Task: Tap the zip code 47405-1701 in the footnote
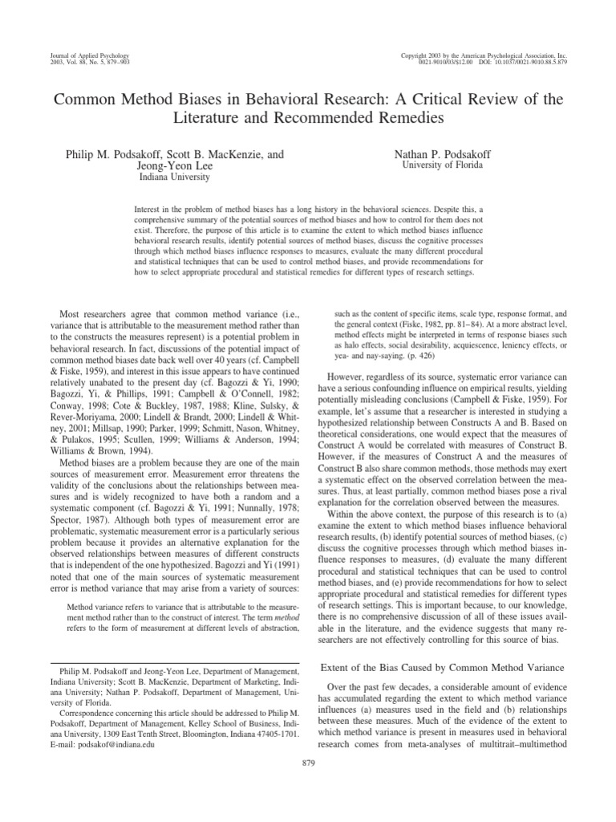272,732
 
